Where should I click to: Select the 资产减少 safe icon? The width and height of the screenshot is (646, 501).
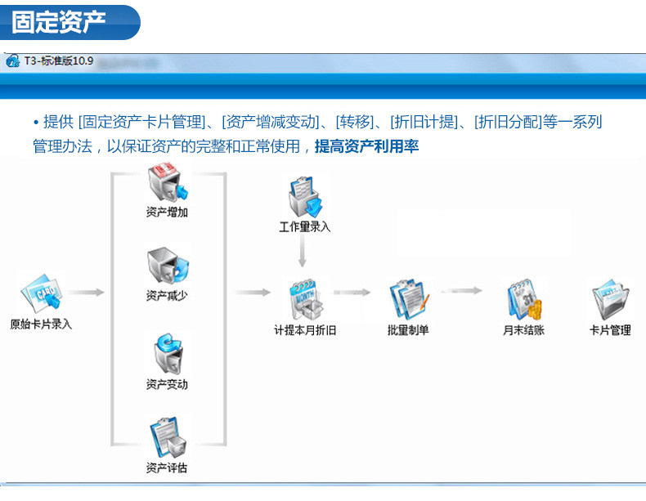tap(168, 266)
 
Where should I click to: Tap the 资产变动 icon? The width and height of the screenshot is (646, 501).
tap(168, 354)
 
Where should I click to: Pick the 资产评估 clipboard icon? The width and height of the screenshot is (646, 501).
tap(168, 437)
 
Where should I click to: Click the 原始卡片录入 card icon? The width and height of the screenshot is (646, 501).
tap(41, 293)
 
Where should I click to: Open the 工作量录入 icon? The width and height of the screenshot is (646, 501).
tap(305, 197)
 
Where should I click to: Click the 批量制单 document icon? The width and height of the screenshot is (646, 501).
tap(409, 300)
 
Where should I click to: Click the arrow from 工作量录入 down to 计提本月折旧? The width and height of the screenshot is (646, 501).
tap(303, 252)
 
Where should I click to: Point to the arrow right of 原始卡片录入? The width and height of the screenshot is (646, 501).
tap(86, 293)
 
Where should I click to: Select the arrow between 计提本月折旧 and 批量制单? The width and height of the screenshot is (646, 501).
tap(352, 293)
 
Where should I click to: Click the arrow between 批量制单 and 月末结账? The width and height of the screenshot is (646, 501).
tap(461, 291)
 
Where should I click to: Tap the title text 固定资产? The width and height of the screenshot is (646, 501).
tap(59, 22)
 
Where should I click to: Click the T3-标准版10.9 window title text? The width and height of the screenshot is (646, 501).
tap(59, 61)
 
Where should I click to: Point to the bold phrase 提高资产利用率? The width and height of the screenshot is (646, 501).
tap(366, 146)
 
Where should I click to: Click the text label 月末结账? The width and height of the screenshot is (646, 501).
tap(523, 329)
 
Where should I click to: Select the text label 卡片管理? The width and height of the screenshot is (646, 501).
tap(610, 329)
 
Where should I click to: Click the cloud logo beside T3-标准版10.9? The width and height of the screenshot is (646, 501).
tap(13, 61)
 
